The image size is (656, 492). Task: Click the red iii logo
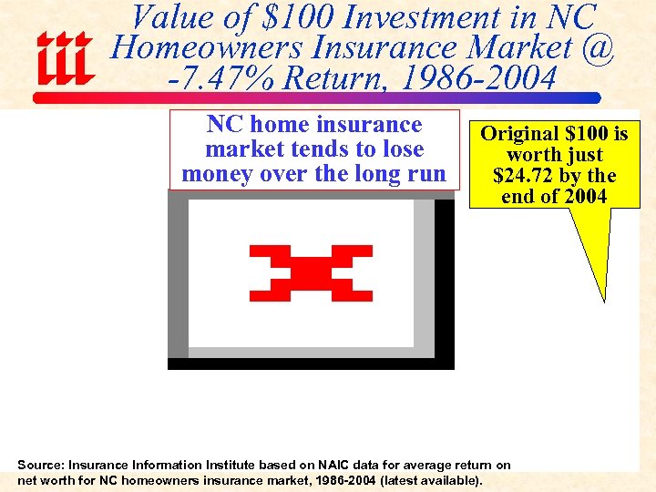point(65,58)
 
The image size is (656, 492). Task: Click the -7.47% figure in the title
point(222,79)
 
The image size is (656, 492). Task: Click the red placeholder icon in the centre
point(311,272)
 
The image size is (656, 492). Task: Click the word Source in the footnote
point(37,465)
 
